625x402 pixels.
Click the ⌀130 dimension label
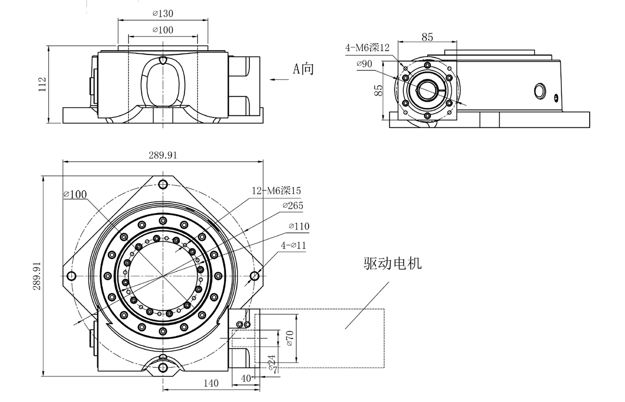tap(162, 14)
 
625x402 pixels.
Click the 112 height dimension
tap(42, 85)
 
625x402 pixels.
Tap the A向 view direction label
tap(304, 69)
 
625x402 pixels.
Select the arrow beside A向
tap(279, 80)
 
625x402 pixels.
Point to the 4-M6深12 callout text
tap(367, 47)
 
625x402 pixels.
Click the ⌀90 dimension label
tap(364, 64)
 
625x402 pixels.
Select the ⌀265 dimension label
tap(293, 206)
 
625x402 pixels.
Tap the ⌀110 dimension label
tap(299, 226)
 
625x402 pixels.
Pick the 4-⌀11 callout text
tap(294, 245)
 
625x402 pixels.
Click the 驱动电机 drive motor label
tap(392, 264)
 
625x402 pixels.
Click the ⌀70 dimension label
tap(290, 338)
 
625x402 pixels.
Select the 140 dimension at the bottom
tap(210, 383)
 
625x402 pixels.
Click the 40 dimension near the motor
tap(246, 378)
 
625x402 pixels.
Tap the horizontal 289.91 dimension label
tap(163, 155)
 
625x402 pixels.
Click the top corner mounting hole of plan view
tap(163, 183)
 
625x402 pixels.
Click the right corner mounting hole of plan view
tap(254, 276)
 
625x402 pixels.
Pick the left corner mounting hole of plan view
tap(71, 276)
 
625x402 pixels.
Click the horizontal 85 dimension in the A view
tap(427, 37)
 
